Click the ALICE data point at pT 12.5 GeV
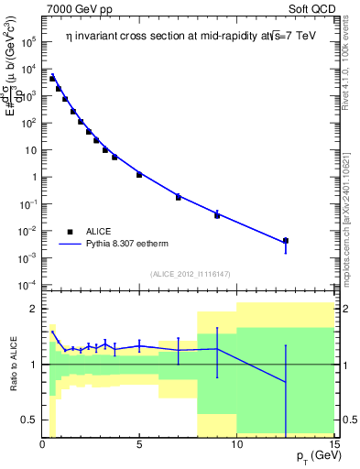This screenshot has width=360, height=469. click(286, 241)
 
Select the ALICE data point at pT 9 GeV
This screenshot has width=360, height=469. click(217, 214)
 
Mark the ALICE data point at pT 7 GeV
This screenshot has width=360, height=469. click(179, 197)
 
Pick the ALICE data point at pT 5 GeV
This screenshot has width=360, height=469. click(139, 174)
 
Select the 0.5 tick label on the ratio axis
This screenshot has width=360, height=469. click(27, 420)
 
